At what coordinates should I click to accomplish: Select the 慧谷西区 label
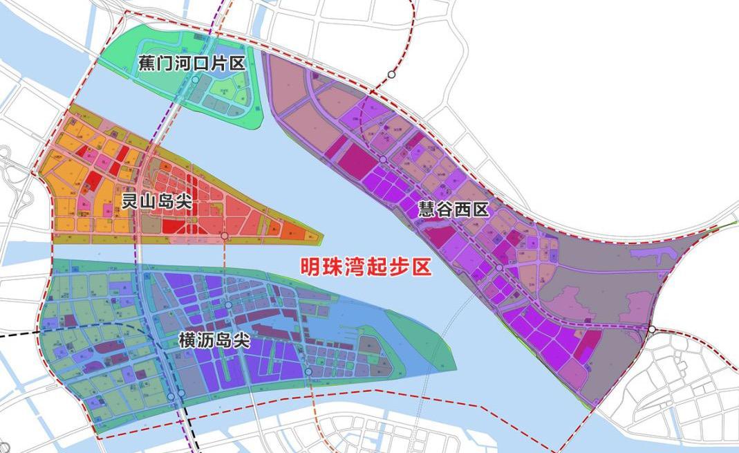[x=453, y=210]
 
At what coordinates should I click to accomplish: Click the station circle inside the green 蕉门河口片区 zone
[x=196, y=80]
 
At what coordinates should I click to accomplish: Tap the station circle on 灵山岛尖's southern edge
[x=225, y=237]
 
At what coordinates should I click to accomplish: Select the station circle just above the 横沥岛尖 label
[x=228, y=305]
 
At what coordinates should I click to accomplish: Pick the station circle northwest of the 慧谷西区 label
[x=382, y=160]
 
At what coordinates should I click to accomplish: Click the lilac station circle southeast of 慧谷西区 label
[x=499, y=268]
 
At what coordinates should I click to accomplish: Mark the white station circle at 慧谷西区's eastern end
[x=651, y=329]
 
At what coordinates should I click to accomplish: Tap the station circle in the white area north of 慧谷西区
[x=392, y=74]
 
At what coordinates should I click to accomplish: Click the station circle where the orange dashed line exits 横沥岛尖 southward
[x=308, y=372]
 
